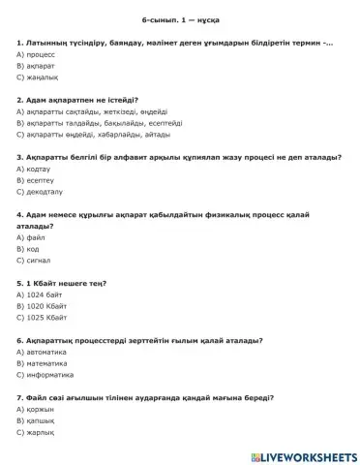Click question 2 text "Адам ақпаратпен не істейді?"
point(77,112)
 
